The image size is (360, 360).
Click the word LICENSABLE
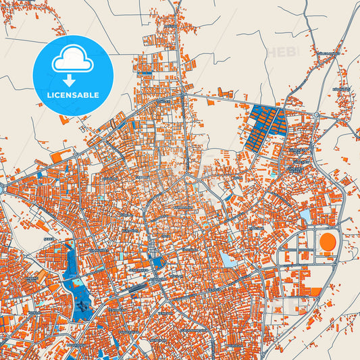(72, 95)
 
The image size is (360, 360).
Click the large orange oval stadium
(328, 240)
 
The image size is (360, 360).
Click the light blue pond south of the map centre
(228, 259)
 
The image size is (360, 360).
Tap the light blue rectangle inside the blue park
(76, 282)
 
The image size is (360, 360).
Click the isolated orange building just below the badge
(63, 120)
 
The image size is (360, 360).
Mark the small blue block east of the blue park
(157, 263)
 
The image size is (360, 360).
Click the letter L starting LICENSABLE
(48, 95)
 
